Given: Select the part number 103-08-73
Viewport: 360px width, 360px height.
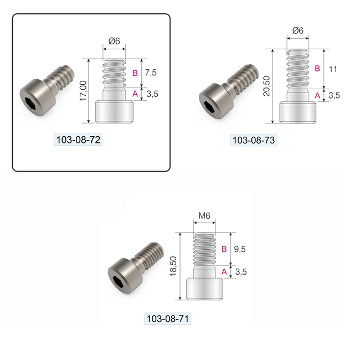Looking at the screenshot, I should tap(253, 140).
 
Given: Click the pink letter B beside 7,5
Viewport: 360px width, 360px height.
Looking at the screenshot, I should tap(135, 73).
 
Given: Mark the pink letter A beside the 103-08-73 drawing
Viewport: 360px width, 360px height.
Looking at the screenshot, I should tap(317, 95).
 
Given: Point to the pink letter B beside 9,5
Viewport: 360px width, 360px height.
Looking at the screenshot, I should tap(224, 250).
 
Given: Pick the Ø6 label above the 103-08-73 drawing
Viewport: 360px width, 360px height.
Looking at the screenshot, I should tap(297, 30).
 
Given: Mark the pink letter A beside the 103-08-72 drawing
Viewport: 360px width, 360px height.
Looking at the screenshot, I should tap(135, 94).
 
